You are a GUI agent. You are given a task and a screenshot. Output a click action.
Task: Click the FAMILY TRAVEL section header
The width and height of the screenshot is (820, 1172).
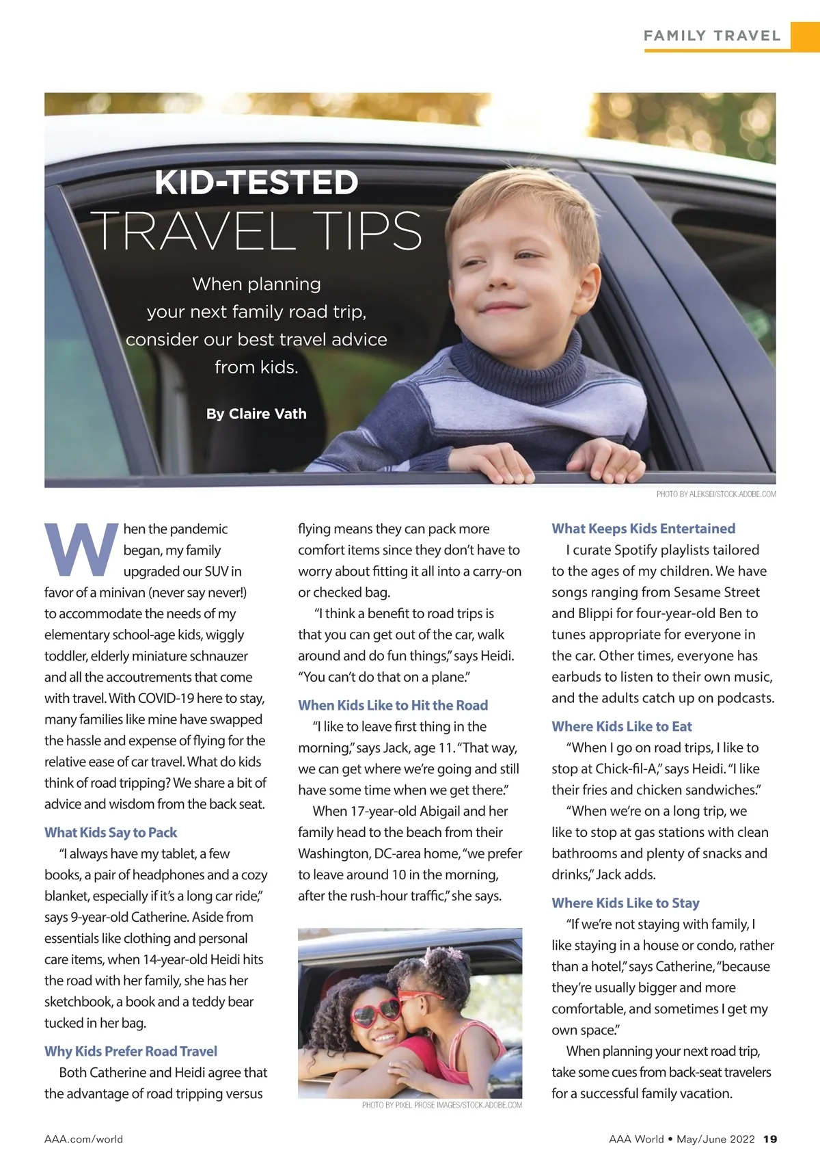click(711, 36)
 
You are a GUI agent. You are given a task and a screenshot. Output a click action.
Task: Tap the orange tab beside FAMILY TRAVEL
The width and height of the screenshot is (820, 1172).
click(805, 36)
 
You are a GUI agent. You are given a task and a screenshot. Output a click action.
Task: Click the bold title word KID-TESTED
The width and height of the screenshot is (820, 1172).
click(256, 183)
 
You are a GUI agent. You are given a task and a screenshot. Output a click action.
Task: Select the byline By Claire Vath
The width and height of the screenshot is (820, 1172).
click(256, 414)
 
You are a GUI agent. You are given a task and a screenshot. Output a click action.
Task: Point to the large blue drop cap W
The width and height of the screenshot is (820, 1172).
click(81, 549)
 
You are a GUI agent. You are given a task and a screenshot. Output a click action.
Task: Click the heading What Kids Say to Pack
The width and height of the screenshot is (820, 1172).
click(111, 832)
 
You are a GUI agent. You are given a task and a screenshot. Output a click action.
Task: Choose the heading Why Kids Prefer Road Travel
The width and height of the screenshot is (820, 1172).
click(131, 1051)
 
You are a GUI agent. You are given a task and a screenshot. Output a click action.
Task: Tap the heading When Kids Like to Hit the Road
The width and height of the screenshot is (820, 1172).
click(393, 705)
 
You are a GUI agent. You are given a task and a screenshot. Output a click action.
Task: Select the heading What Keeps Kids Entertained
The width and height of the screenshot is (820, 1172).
click(643, 529)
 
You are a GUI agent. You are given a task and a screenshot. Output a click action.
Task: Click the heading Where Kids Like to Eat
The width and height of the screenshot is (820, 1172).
click(622, 726)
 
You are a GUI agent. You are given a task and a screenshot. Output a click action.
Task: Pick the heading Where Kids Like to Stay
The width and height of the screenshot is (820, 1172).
click(625, 903)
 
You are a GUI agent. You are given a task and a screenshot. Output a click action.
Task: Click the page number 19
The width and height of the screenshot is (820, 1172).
click(770, 1139)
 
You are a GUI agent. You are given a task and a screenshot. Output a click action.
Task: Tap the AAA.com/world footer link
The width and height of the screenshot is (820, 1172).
click(83, 1139)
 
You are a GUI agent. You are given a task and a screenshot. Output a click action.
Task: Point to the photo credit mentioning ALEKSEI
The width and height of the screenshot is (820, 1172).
click(715, 494)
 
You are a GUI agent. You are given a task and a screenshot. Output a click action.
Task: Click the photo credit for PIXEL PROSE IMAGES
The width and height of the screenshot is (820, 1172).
click(441, 1105)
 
